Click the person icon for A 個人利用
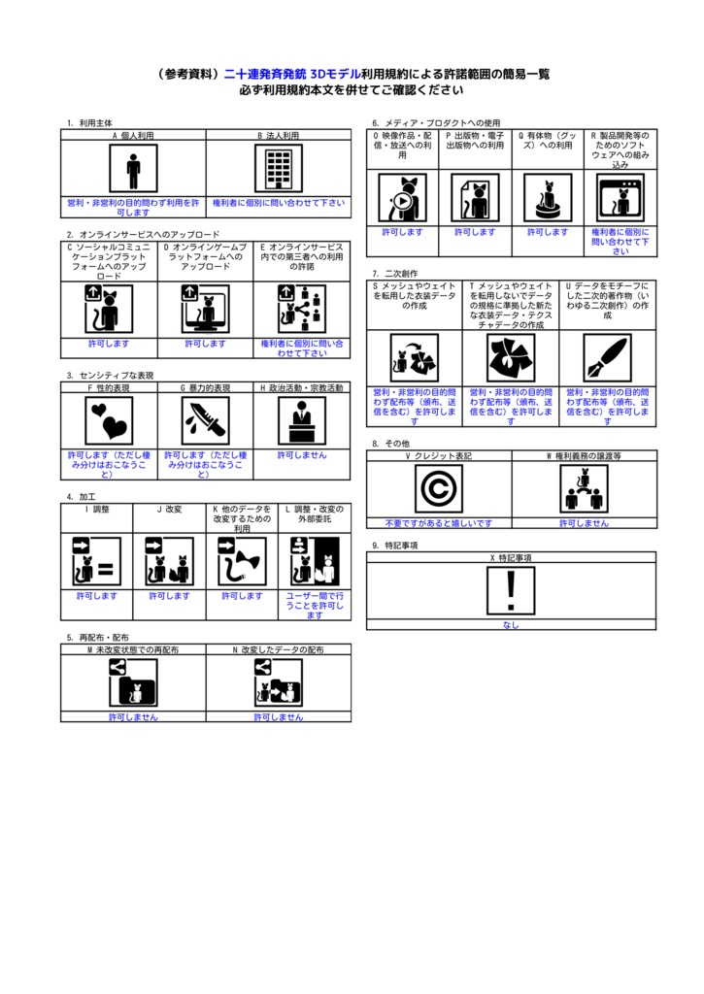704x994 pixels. (133, 170)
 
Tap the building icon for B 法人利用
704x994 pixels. (279, 170)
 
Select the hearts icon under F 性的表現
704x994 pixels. (109, 420)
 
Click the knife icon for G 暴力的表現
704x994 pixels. (205, 420)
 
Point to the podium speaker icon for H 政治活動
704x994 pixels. (302, 420)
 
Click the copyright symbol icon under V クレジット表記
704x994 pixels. (439, 488)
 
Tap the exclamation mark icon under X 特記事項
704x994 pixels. (512, 591)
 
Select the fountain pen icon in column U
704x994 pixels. (607, 358)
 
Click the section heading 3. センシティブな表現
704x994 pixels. (111, 375)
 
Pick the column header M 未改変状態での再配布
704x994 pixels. (133, 649)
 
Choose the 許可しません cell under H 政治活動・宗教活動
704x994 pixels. (302, 454)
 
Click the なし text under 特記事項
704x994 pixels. (512, 625)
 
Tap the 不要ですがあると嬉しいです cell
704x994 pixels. (439, 523)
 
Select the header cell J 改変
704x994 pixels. (169, 509)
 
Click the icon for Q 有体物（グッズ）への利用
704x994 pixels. (548, 198)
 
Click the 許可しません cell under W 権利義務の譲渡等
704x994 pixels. (584, 523)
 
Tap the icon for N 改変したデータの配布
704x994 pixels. (279, 682)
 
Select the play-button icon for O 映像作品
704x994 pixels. (402, 198)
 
